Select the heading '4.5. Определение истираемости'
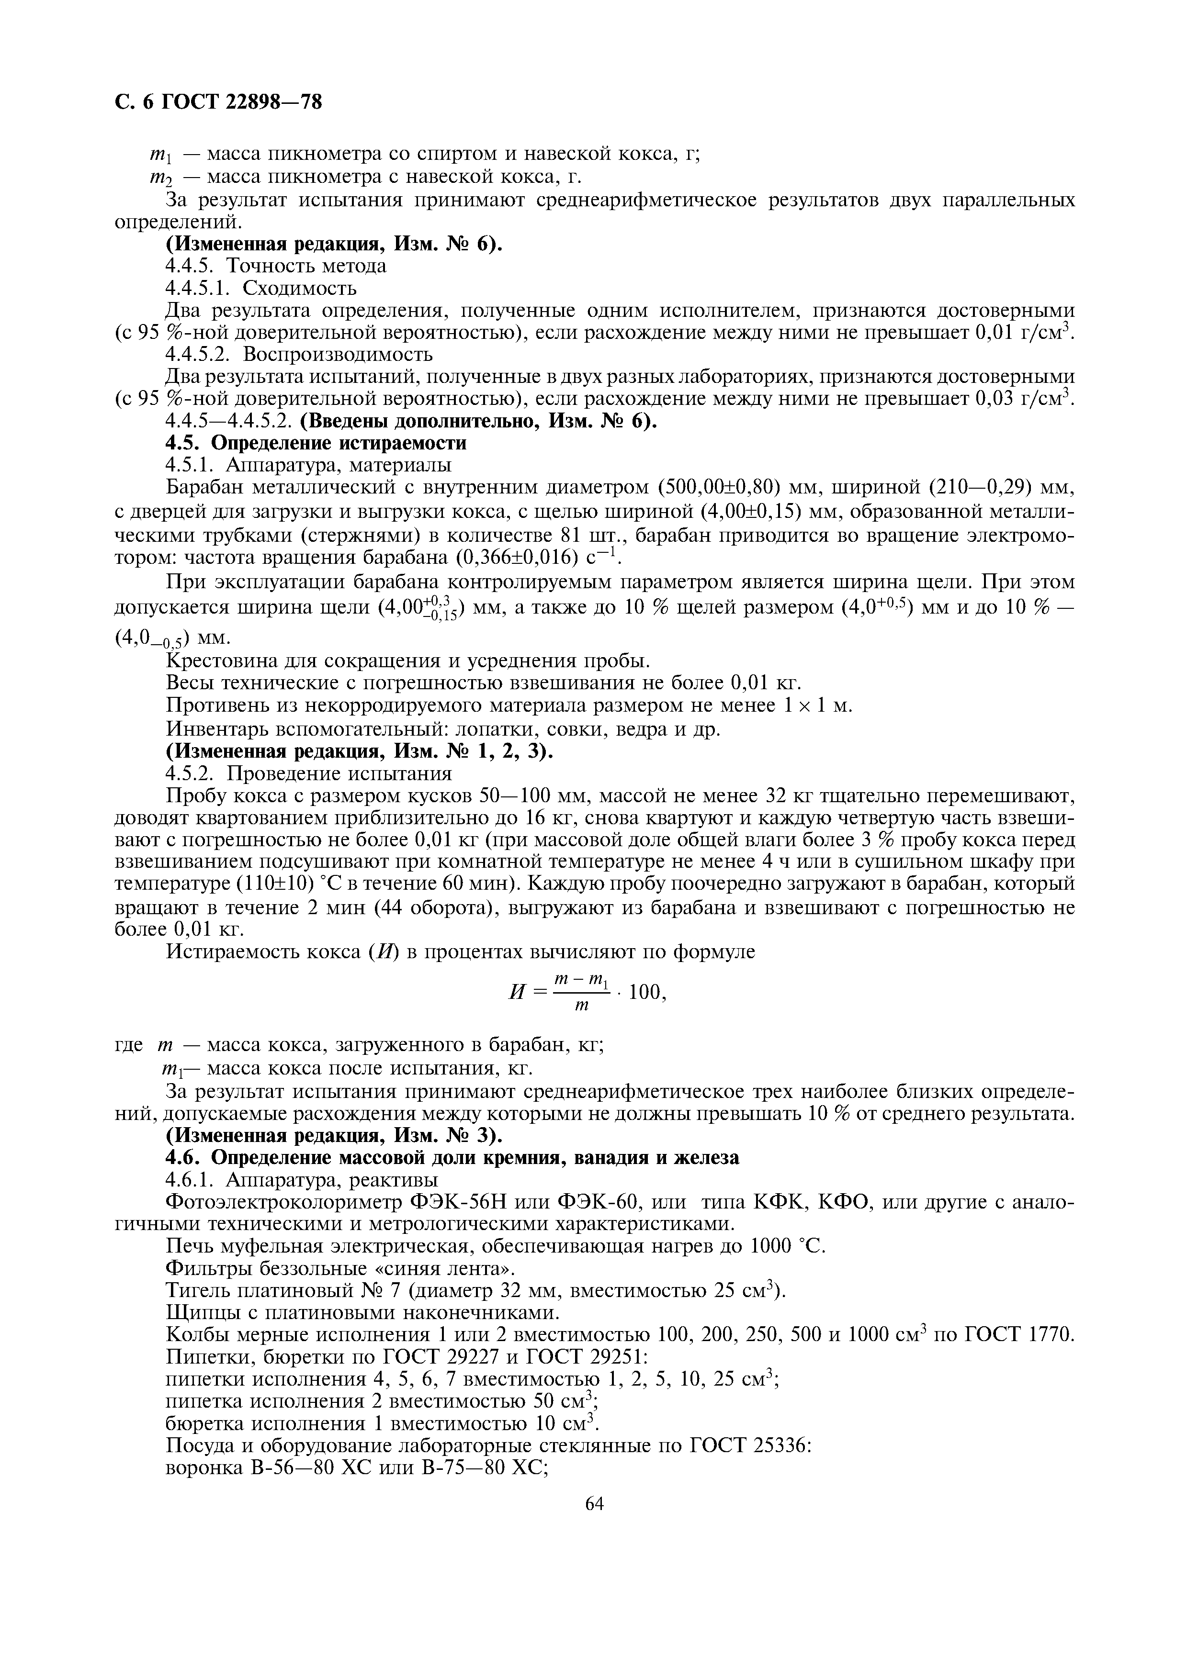tap(316, 443)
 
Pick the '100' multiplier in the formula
tap(643, 992)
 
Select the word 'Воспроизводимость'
tap(338, 355)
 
